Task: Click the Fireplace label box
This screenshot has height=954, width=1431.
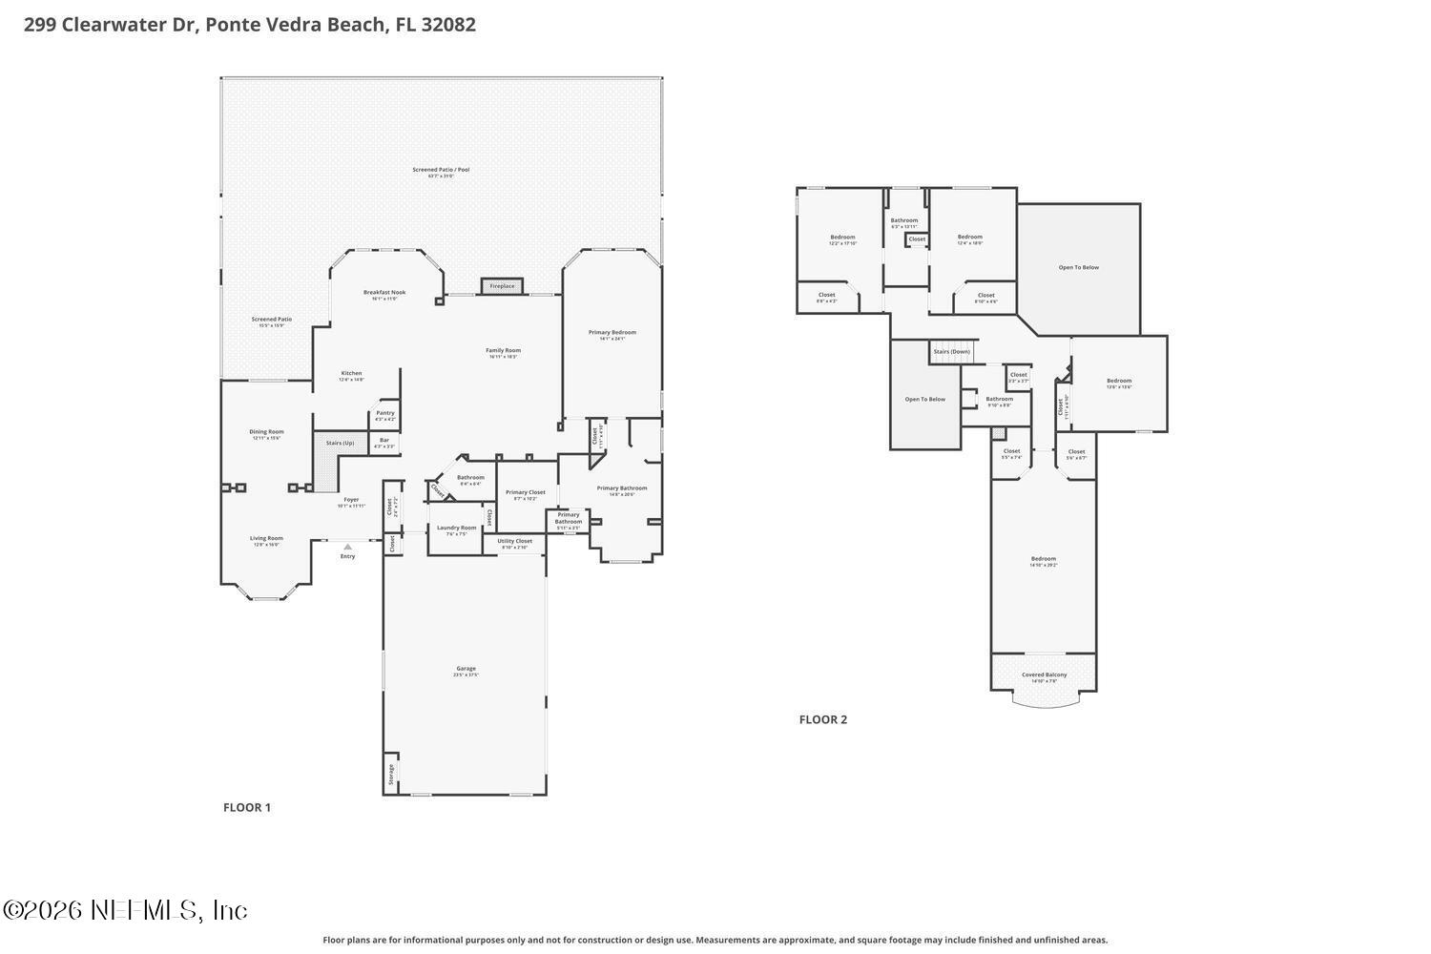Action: (x=502, y=286)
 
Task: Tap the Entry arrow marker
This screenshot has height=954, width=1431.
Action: (x=347, y=547)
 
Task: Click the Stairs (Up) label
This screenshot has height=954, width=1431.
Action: (x=340, y=443)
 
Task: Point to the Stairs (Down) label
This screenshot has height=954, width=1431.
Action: (x=951, y=351)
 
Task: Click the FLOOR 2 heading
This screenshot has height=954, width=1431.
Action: (x=822, y=719)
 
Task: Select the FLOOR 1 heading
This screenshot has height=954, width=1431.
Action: (x=247, y=807)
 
